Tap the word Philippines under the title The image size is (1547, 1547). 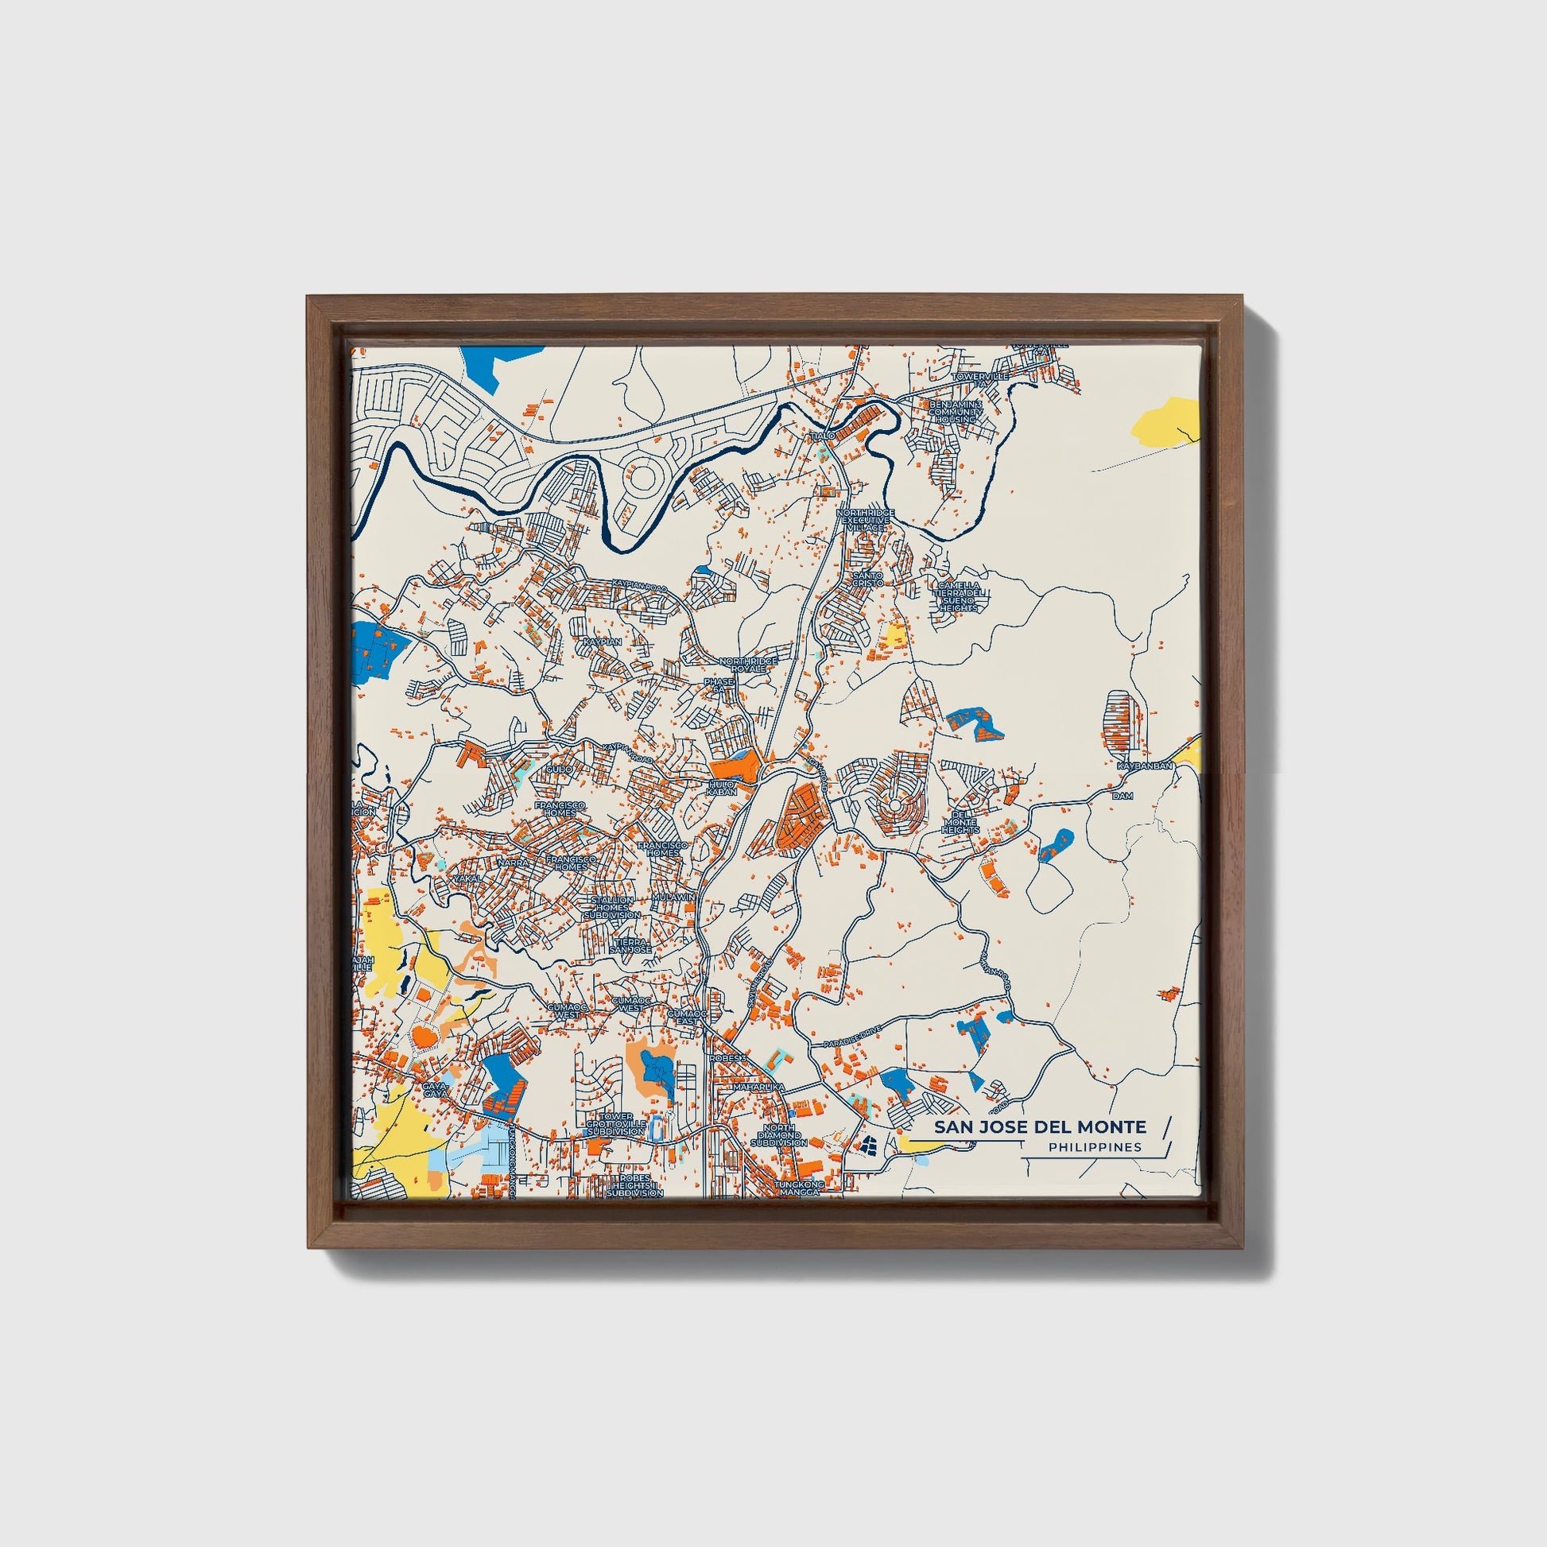click(1095, 1147)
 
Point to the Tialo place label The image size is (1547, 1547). click(823, 436)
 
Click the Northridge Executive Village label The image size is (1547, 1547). click(865, 520)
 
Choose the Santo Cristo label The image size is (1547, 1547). click(867, 579)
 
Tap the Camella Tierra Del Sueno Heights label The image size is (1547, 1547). click(959, 596)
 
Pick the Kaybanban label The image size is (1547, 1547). click(1145, 766)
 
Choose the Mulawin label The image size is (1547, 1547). click(674, 898)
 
